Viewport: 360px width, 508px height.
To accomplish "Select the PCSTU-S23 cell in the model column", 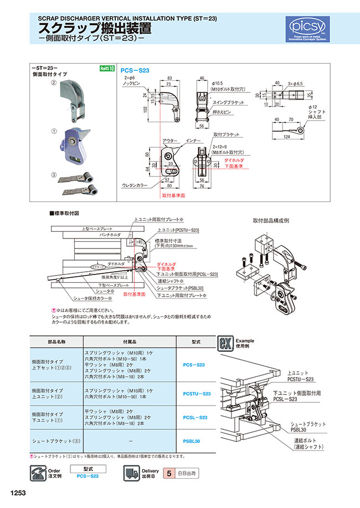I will (x=197, y=393).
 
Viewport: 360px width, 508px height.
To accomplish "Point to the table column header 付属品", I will (x=129, y=342).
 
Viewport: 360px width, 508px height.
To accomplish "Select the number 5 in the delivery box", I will (x=169, y=474).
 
